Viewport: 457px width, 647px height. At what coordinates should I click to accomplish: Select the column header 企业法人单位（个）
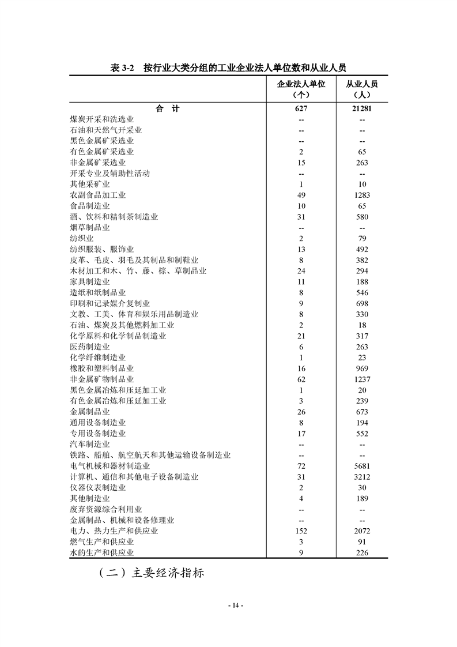tap(301, 89)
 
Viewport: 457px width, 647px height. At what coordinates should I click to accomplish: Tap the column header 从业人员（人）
tap(362, 89)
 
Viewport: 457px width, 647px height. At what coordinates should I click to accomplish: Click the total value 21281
tap(362, 108)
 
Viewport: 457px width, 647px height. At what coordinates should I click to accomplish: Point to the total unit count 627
tap(301, 108)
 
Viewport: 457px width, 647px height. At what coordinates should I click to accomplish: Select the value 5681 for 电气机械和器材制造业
tap(362, 466)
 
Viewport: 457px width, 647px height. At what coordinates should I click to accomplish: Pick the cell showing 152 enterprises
tap(301, 531)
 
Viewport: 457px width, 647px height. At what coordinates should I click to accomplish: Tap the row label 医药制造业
tap(89, 347)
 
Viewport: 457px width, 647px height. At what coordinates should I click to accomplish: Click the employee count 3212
tap(362, 477)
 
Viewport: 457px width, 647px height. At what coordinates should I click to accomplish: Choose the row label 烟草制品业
tap(89, 228)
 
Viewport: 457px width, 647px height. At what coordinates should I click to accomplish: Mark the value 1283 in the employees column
tap(362, 195)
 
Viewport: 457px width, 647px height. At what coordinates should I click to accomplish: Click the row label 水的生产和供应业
tap(101, 553)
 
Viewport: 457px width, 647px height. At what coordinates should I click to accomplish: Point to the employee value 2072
tap(362, 531)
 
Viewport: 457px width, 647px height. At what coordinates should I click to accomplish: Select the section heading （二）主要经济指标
tap(152, 574)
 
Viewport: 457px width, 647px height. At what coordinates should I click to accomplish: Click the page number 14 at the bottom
tap(235, 605)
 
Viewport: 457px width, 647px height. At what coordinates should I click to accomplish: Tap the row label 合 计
tap(167, 108)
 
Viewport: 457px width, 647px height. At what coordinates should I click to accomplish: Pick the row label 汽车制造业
tap(89, 445)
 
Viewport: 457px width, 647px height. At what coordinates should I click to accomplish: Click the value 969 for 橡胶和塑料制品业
tap(362, 368)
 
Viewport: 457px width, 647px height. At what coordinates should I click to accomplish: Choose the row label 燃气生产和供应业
tap(101, 542)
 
